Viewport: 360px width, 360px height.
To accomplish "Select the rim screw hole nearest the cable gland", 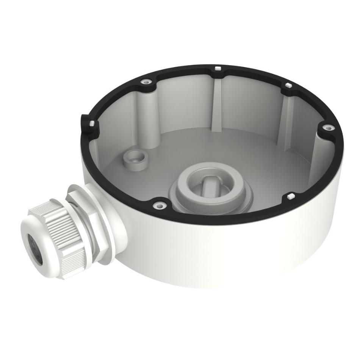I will pos(160,205).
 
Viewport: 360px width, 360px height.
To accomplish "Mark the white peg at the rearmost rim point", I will pos(218,69).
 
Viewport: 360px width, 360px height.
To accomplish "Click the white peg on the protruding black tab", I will pos(91,123).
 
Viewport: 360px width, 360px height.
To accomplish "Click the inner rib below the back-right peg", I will pos(285,121).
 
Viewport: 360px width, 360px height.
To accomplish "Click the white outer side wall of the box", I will pos(235,258).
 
